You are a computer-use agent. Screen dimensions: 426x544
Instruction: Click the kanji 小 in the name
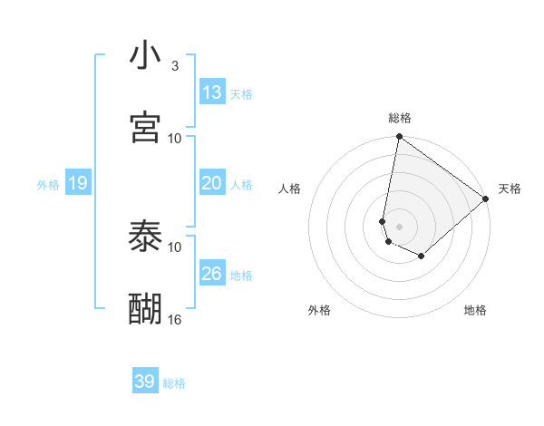[145, 56]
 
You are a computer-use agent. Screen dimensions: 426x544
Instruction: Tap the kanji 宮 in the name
[145, 128]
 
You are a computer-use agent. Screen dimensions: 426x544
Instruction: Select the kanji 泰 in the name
[145, 237]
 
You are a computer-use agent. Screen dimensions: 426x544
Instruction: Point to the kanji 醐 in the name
[145, 309]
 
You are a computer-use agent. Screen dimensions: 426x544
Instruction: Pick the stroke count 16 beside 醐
[175, 319]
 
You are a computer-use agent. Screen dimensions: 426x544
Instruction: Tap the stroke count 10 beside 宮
[175, 138]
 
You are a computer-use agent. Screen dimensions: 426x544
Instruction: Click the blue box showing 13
[212, 92]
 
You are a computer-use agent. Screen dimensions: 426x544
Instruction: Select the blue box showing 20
[212, 183]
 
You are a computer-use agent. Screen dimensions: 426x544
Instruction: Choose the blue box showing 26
[212, 274]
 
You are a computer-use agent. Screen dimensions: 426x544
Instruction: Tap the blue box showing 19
[77, 184]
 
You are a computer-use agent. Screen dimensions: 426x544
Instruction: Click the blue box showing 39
[144, 382]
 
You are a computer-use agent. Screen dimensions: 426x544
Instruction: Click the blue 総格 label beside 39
[174, 383]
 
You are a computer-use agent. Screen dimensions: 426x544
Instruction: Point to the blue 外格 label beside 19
[48, 185]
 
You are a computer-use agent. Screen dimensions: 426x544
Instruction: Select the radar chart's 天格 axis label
[510, 189]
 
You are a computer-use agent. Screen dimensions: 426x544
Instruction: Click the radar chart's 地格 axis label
[475, 310]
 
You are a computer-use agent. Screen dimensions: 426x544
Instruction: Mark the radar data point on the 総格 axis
[399, 138]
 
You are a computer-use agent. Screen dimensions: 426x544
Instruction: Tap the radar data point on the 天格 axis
[486, 198]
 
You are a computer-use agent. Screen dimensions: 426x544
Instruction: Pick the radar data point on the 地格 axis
[422, 257]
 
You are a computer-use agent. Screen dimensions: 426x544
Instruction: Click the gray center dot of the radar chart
[399, 226]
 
